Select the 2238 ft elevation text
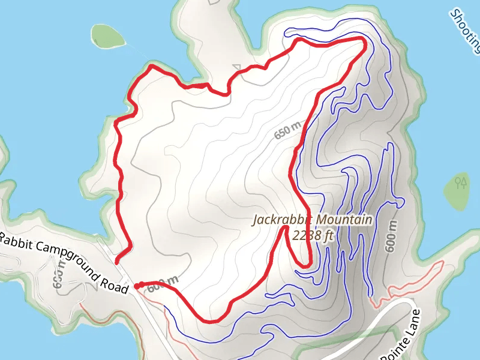pyautogui.click(x=313, y=235)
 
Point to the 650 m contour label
pyautogui.click(x=287, y=130)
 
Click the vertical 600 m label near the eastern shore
pyautogui.click(x=391, y=236)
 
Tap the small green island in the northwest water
pyautogui.click(x=108, y=36)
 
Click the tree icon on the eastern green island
pyautogui.click(x=461, y=182)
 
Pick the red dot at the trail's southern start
pyautogui.click(x=137, y=286)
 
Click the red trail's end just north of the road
pyautogui.click(x=117, y=261)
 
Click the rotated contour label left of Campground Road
pyautogui.click(x=59, y=275)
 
